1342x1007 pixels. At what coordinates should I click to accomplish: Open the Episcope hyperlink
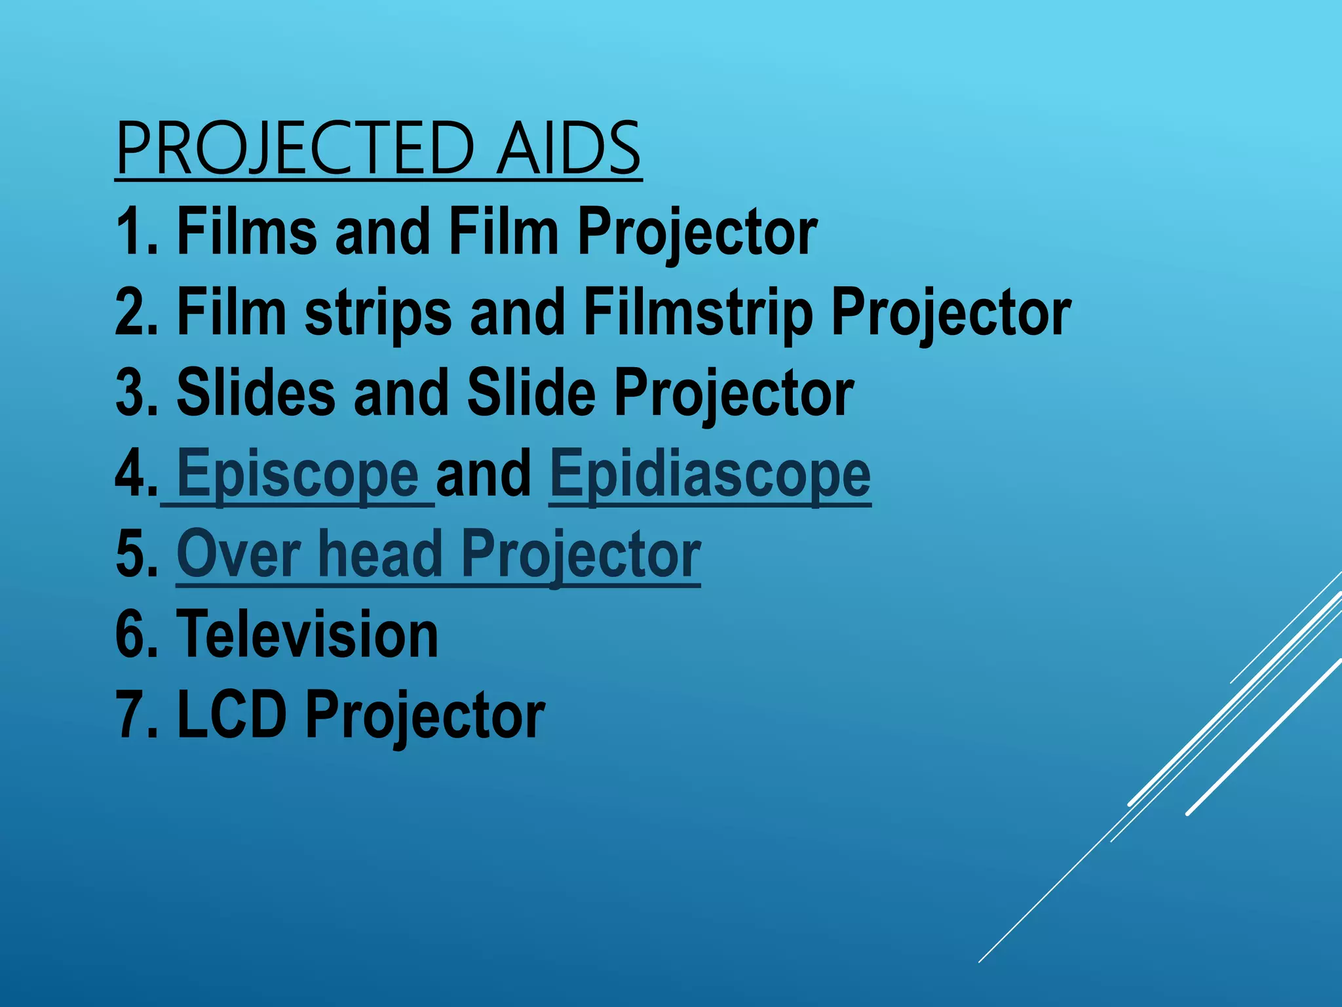click(x=297, y=473)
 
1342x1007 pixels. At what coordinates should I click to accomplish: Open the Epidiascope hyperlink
click(x=710, y=473)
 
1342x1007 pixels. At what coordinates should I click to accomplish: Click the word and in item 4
click(x=484, y=473)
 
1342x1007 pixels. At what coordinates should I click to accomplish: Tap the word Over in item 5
click(x=239, y=555)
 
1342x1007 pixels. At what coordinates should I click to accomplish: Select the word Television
click(x=307, y=635)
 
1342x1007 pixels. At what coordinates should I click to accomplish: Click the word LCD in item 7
click(x=232, y=715)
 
